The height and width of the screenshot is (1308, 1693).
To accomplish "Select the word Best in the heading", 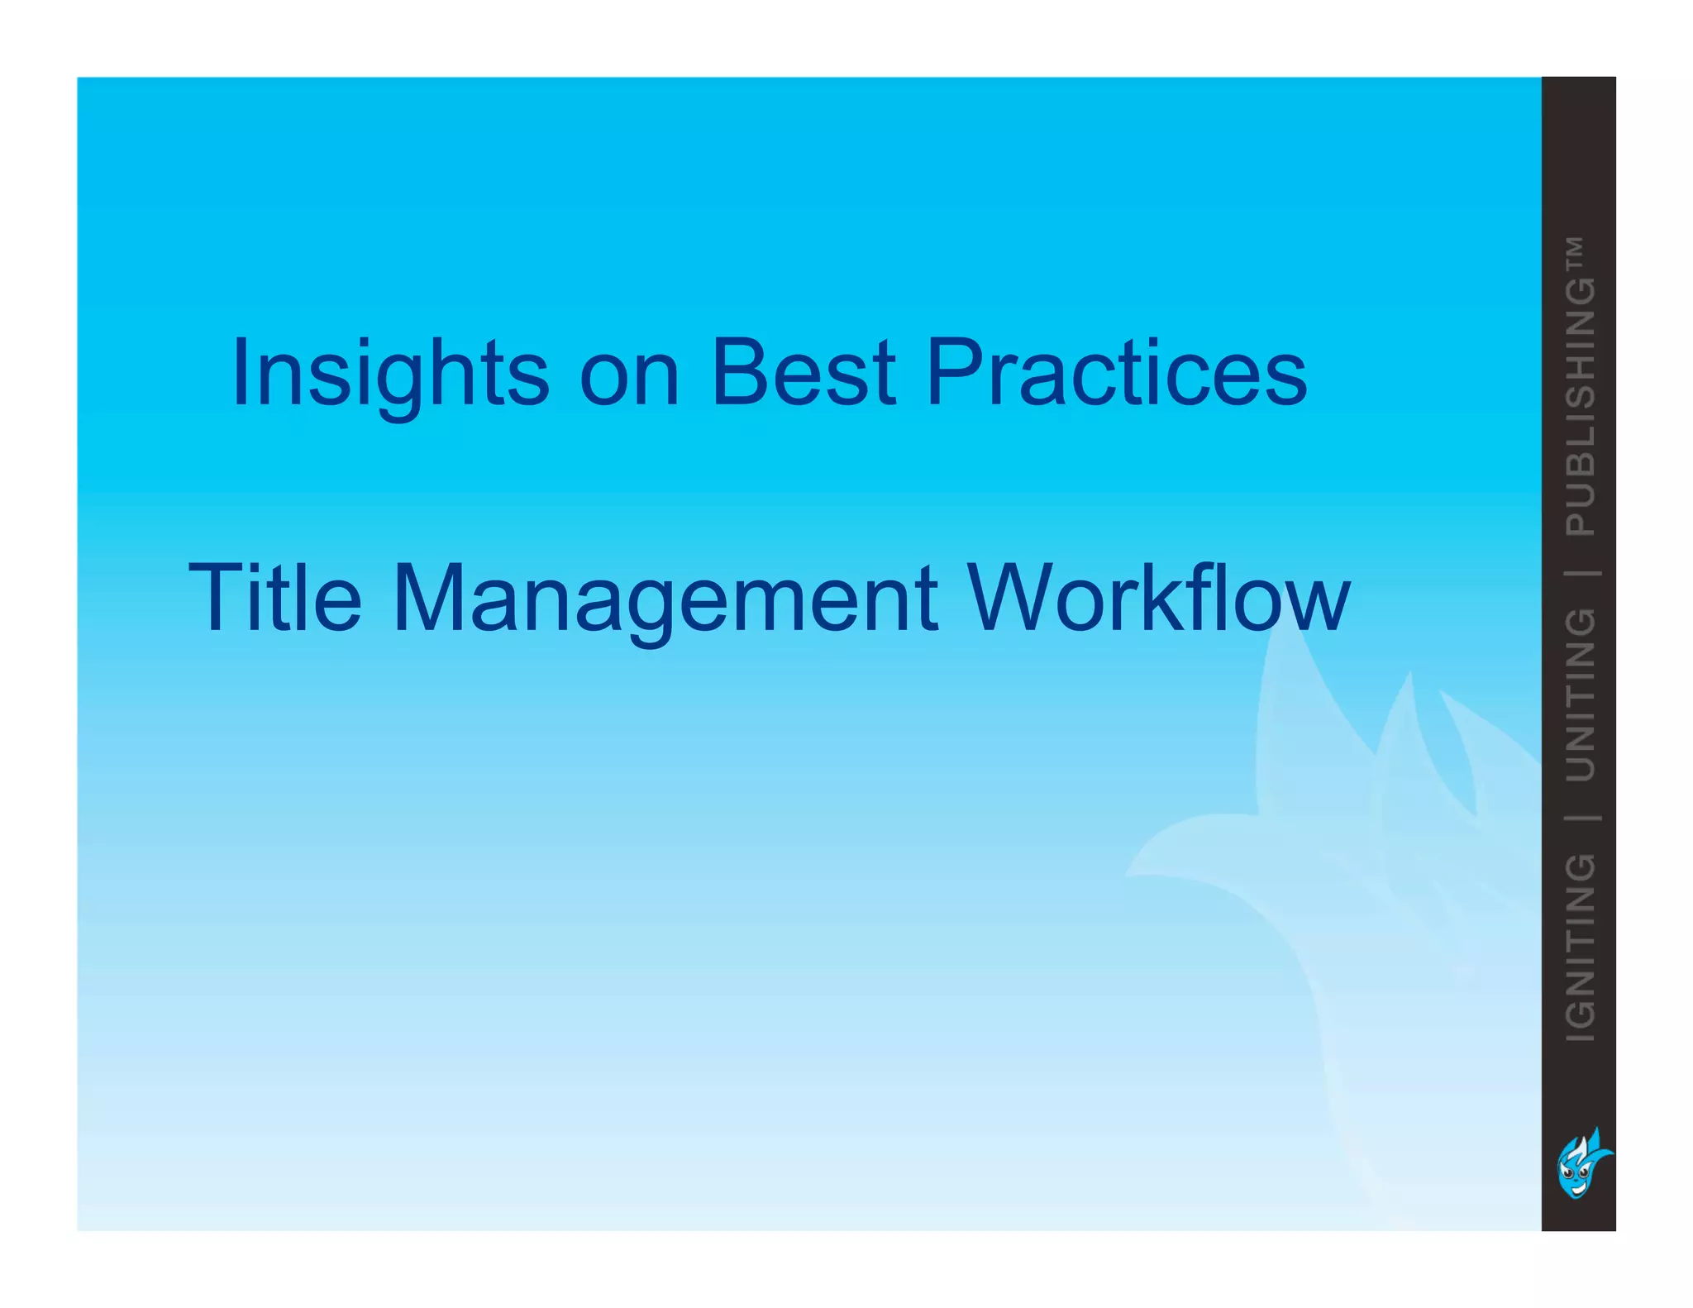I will [x=803, y=374].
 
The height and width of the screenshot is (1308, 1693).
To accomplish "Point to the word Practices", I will [x=1116, y=374].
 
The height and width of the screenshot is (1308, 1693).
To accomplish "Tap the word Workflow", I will [x=1157, y=599].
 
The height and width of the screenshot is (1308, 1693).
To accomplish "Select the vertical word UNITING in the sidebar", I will [x=1581, y=695].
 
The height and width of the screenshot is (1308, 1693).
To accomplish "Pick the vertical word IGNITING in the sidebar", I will [x=1581, y=947].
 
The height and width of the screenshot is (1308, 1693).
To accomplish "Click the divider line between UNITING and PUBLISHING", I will [x=1581, y=572].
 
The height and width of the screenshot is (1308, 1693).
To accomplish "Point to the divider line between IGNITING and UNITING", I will [x=1581, y=818].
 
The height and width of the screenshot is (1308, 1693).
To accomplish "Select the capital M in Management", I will [x=427, y=599].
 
